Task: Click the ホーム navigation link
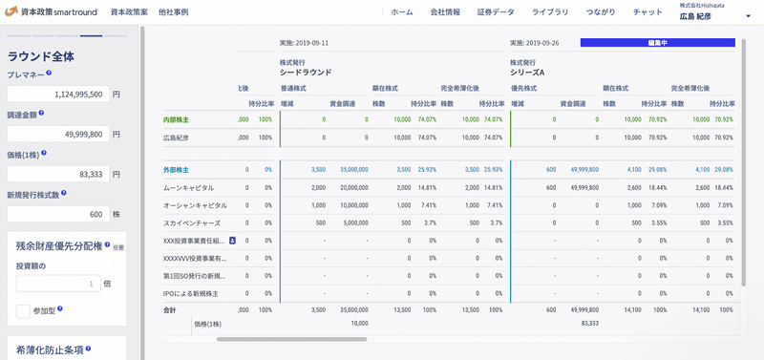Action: click(x=402, y=12)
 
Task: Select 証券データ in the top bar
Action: click(x=496, y=12)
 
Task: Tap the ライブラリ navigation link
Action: click(x=549, y=12)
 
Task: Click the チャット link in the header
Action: click(x=647, y=12)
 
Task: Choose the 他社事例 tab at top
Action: click(x=173, y=12)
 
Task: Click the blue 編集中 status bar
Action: click(x=658, y=43)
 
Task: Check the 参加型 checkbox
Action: click(x=24, y=310)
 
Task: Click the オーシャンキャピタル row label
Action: click(x=195, y=204)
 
